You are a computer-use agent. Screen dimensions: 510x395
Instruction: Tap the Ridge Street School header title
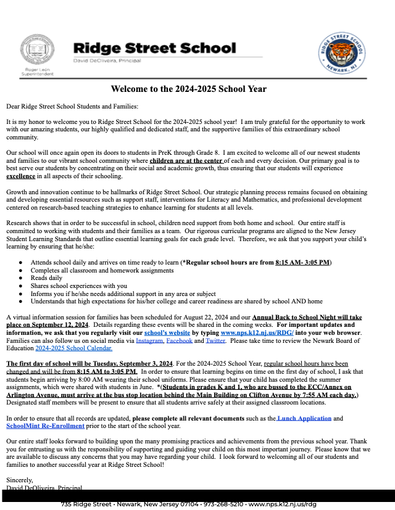154,48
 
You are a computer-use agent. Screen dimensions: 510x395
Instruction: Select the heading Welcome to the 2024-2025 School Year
189,89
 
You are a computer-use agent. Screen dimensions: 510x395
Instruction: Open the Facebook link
180,340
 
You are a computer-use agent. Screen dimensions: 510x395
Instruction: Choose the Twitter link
215,340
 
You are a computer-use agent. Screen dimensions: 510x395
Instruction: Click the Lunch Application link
304,418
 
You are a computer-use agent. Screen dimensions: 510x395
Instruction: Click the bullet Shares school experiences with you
78,286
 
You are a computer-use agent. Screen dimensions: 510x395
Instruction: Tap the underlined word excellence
21,176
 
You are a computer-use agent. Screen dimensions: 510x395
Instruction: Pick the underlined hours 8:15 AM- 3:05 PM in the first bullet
302,263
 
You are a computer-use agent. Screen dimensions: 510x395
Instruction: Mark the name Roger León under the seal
37,70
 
